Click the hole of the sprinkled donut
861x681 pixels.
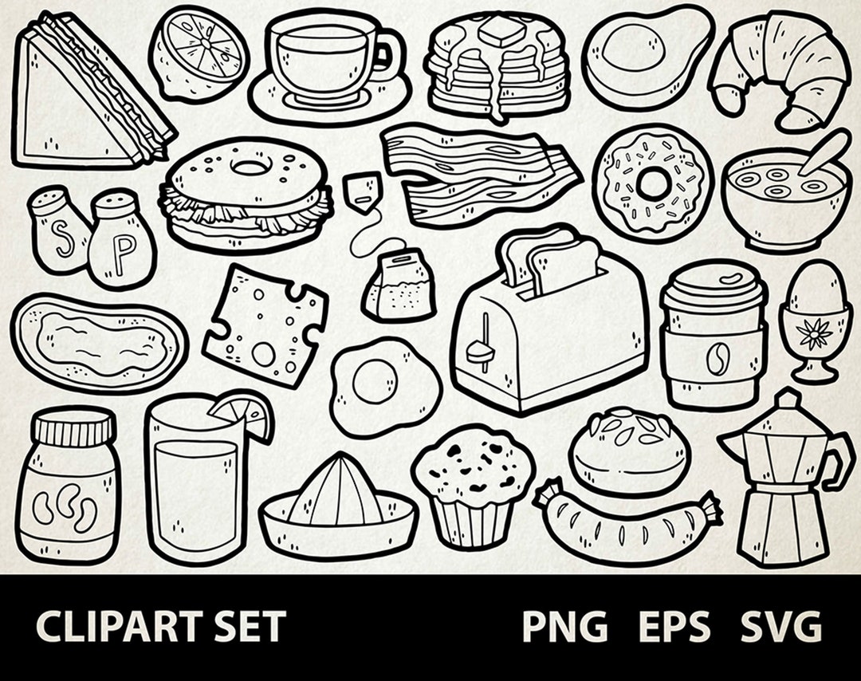[653, 184]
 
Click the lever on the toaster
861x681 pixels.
[481, 348]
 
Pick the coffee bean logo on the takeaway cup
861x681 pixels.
[714, 359]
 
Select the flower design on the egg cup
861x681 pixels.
[814, 333]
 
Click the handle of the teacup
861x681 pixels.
[389, 56]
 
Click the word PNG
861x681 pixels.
[564, 628]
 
